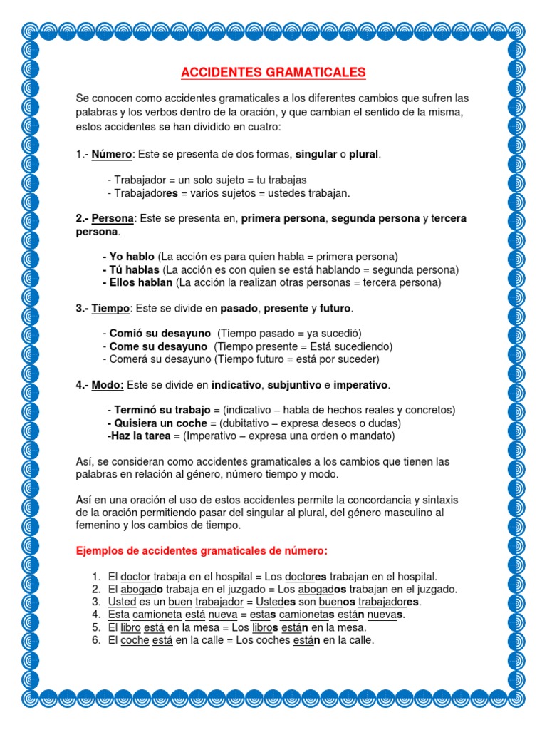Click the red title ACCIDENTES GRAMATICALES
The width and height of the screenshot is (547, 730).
click(273, 73)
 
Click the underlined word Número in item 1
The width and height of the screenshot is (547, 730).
click(112, 155)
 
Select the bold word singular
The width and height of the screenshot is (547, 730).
click(316, 155)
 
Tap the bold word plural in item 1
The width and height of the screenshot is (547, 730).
click(364, 155)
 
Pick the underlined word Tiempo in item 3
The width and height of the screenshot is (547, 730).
click(110, 308)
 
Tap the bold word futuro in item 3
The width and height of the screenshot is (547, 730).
click(335, 308)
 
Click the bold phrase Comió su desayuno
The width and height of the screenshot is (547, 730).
click(160, 334)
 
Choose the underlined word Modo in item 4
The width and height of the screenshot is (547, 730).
click(108, 385)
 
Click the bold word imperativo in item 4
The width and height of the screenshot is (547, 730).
click(361, 385)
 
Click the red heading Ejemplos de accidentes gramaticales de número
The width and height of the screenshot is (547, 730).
click(202, 550)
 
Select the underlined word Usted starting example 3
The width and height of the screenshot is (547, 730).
click(122, 602)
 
